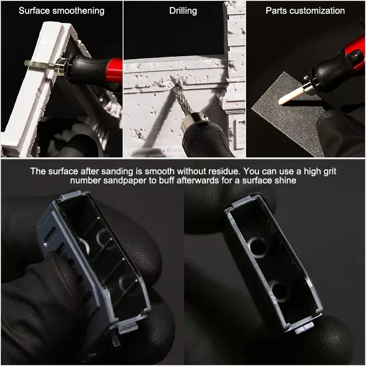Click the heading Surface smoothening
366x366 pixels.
point(61,11)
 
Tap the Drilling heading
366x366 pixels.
point(183,11)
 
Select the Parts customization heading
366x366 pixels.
point(305,11)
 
